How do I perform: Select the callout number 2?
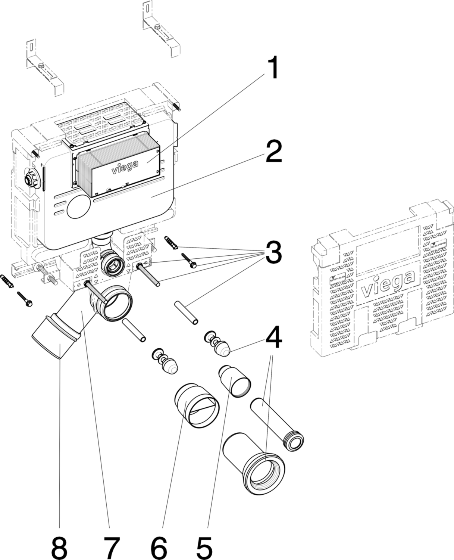(273, 152)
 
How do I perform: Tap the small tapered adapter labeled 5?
(234, 382)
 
